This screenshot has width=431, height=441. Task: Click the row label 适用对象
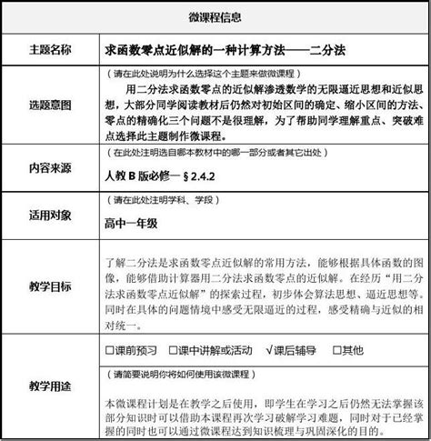51,217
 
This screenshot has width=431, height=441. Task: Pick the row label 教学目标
51,286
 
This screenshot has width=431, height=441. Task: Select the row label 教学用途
51,387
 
